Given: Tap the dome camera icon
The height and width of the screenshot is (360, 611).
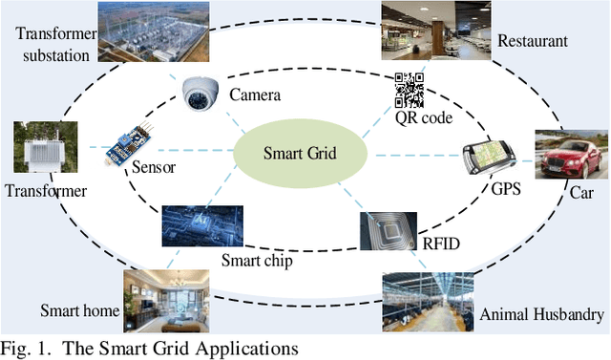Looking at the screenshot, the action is tap(201, 93).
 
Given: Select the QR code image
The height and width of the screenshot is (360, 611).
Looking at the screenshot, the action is tap(410, 91).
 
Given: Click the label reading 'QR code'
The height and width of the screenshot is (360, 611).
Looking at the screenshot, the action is tap(423, 117).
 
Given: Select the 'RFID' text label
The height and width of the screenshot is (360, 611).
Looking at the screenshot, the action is tap(441, 244).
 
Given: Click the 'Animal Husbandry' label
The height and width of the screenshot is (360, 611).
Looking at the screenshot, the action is tap(541, 314).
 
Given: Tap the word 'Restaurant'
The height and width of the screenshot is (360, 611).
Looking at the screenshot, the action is tap(533, 41).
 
